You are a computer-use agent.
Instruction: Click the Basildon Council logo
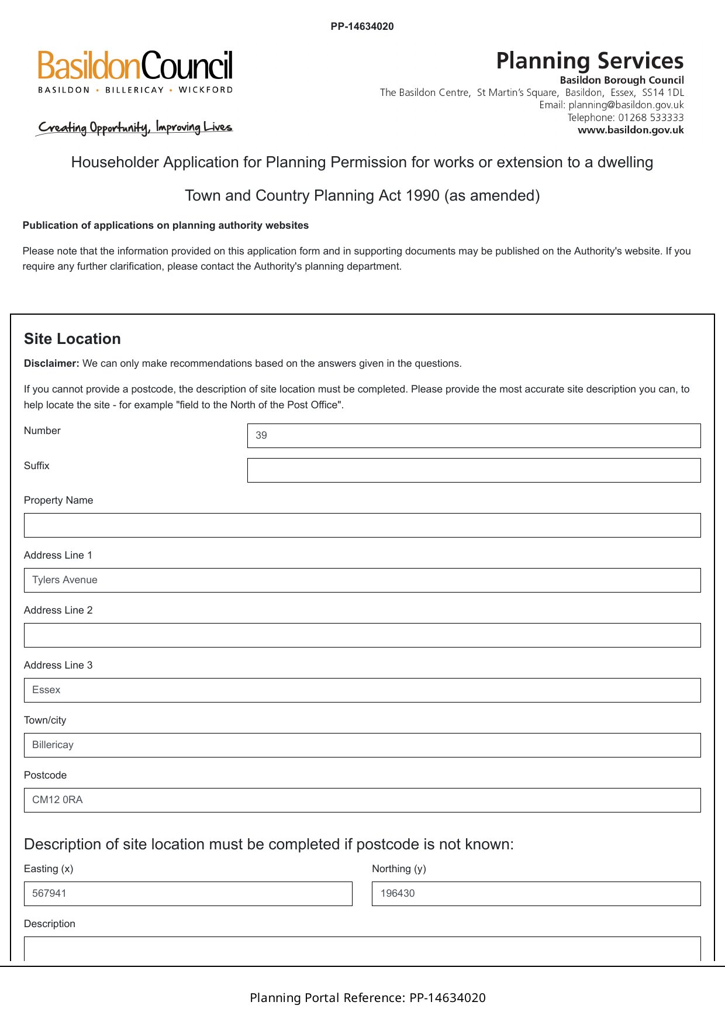pyautogui.click(x=135, y=71)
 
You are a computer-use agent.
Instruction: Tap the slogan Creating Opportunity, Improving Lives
pyautogui.click(x=134, y=128)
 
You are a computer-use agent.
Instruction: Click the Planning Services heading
pyautogui.click(x=589, y=61)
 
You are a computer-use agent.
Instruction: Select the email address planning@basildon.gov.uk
pyautogui.click(x=626, y=105)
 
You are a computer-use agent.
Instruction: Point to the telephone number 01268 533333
pyautogui.click(x=651, y=118)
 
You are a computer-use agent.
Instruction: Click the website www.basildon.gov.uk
pyautogui.click(x=630, y=130)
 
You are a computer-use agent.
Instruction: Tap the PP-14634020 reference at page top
pyautogui.click(x=362, y=26)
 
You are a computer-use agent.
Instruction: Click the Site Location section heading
pyautogui.click(x=72, y=339)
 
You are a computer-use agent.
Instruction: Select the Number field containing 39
pyautogui.click(x=474, y=436)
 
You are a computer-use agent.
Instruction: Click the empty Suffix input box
pyautogui.click(x=474, y=470)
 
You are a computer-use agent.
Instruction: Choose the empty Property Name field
pyautogui.click(x=362, y=525)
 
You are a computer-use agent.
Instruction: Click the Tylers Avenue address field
pyautogui.click(x=362, y=580)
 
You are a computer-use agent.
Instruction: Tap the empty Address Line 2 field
pyautogui.click(x=362, y=635)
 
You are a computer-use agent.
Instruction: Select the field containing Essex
pyautogui.click(x=362, y=690)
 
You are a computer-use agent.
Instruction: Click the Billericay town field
pyautogui.click(x=362, y=745)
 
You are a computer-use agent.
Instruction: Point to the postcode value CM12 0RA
pyautogui.click(x=57, y=800)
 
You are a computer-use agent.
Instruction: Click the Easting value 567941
pyautogui.click(x=50, y=894)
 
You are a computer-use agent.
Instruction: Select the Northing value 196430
pyautogui.click(x=398, y=894)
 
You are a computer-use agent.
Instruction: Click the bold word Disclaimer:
pyautogui.click(x=51, y=364)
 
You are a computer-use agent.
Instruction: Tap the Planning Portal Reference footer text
pyautogui.click(x=368, y=998)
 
